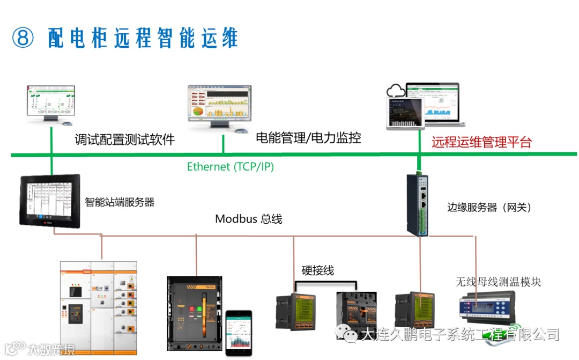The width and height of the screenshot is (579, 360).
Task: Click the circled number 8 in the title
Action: coord(23,38)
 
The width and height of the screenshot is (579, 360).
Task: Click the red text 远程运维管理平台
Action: coord(481,142)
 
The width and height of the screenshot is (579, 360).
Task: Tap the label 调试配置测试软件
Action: coord(124,140)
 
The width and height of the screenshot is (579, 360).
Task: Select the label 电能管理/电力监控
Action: coord(308,138)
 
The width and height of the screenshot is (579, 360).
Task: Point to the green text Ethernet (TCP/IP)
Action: coord(231,167)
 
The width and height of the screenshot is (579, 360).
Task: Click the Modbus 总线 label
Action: coord(248,219)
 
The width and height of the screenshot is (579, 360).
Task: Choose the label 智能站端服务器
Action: coord(120,202)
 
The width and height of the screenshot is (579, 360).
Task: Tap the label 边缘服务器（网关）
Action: coord(489,208)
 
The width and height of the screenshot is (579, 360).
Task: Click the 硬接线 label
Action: coord(317,271)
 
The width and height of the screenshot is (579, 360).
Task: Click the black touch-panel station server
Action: coord(49,200)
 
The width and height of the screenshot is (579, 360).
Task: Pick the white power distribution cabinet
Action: coord(98,307)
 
